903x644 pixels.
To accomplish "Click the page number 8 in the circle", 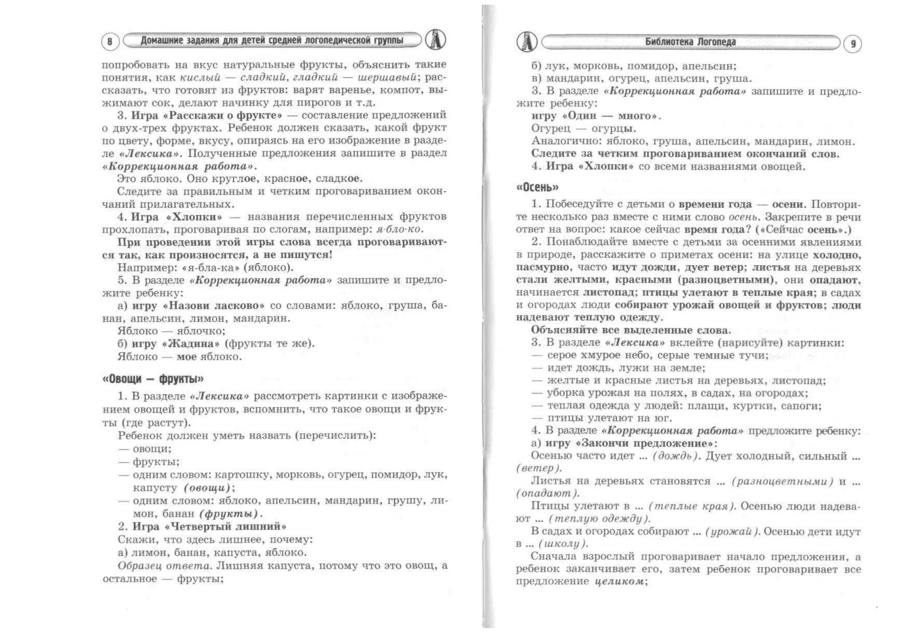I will (109, 41).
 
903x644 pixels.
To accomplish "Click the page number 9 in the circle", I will (853, 44).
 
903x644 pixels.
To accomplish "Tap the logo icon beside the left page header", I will (435, 40).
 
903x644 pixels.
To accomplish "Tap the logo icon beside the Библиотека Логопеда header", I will (527, 41).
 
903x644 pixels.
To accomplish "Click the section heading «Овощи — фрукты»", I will (153, 379).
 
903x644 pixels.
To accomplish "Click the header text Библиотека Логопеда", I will (690, 42).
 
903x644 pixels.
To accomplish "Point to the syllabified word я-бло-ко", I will (398, 229).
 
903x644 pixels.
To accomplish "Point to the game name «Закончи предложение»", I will (645, 443).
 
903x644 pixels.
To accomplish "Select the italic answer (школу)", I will (563, 543).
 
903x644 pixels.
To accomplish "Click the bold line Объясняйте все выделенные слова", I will (630, 330).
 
